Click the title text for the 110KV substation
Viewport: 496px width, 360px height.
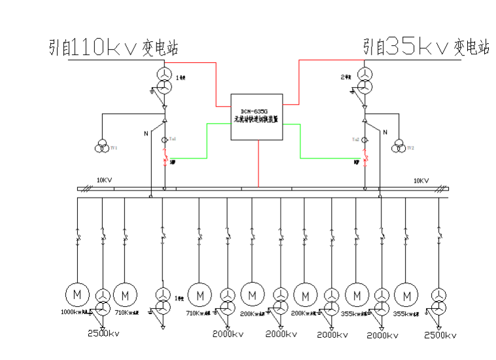point(113,47)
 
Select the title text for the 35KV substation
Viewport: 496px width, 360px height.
point(427,46)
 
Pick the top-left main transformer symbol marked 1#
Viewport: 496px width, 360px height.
point(164,81)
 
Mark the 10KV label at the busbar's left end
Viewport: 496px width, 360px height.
point(105,180)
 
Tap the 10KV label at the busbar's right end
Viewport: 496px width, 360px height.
point(421,180)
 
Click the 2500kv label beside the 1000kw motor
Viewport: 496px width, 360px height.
point(103,334)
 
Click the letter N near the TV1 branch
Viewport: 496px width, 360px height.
point(146,133)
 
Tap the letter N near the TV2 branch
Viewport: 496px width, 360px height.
point(384,132)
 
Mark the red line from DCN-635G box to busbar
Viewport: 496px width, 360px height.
point(258,164)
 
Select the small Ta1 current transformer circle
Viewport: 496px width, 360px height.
point(164,139)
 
